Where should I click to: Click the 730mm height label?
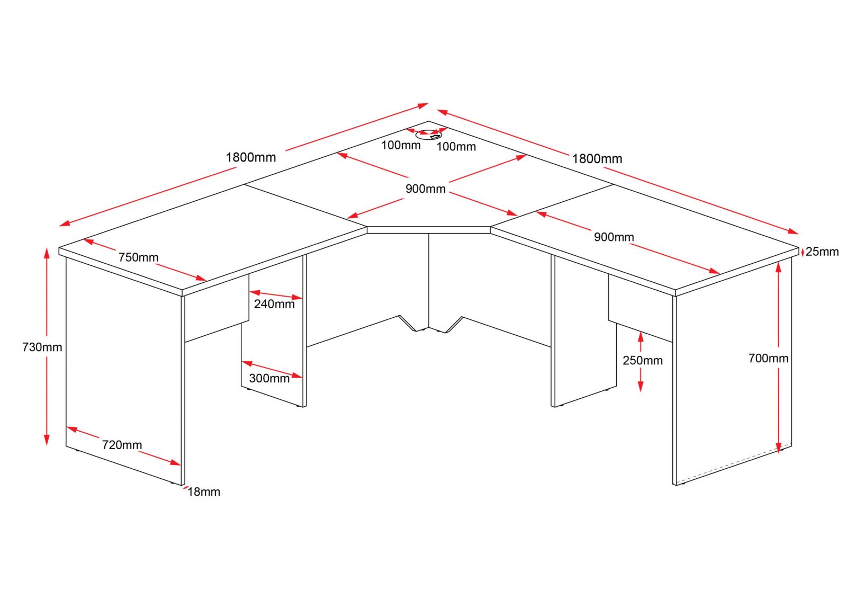coord(42,347)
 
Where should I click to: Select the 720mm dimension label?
coord(122,444)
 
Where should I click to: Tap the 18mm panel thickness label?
coord(203,491)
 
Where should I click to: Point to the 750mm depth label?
coord(138,257)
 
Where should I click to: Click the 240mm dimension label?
coord(274,304)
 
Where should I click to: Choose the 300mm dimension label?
coord(269,378)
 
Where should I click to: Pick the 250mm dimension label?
coord(643,360)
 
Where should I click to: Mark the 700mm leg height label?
coord(768,358)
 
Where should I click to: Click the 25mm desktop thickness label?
coord(822,252)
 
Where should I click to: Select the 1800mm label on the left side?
coord(251,157)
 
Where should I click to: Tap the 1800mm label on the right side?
coord(597,159)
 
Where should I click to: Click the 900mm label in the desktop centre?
coord(426,189)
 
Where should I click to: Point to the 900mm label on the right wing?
coord(614,237)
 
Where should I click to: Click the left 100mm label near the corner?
coord(401,145)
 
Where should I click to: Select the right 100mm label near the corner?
coord(456,146)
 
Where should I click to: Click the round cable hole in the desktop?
coord(428,135)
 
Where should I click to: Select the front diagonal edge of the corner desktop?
coord(428,230)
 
